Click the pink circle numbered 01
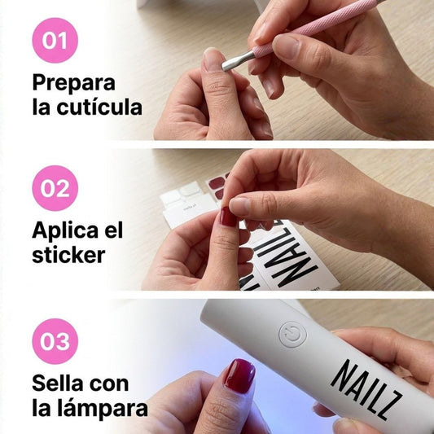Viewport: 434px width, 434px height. click(55, 40)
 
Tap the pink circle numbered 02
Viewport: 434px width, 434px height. click(55, 188)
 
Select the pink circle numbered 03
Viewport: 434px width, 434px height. click(55, 341)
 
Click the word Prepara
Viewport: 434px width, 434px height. click(73, 83)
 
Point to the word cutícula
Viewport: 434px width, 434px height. click(99, 107)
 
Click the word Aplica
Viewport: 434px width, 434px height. click(66, 230)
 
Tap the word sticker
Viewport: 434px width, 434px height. click(68, 255)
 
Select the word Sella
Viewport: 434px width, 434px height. click(58, 384)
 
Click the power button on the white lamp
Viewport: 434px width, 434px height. click(292, 335)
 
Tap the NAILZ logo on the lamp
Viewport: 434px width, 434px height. click(366, 389)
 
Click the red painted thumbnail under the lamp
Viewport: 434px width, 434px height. click(239, 376)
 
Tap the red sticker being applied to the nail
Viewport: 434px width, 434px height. click(228, 217)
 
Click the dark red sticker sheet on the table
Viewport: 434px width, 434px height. click(218, 185)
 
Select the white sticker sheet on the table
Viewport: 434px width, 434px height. click(187, 204)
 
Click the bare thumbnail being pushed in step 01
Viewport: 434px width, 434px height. click(213, 59)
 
